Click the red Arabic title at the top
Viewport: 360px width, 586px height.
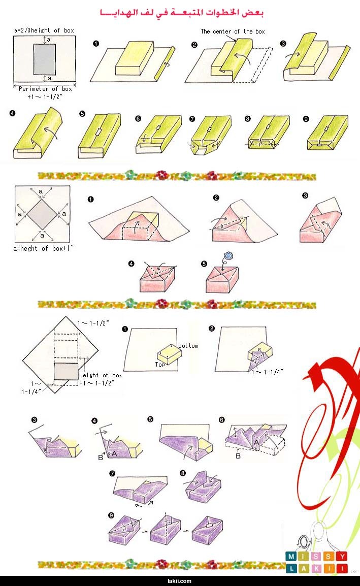(182, 12)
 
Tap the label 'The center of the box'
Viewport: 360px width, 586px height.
(233, 31)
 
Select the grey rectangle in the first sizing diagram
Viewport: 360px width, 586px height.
(45, 59)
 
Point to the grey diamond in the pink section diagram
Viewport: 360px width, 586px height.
(42, 214)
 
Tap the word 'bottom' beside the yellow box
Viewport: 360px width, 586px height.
(188, 346)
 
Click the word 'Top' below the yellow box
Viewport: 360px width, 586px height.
(159, 365)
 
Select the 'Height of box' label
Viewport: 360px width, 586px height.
(101, 375)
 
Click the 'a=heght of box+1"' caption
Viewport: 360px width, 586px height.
(44, 248)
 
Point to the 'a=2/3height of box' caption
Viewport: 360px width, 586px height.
(44, 30)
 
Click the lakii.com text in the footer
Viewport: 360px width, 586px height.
(180, 581)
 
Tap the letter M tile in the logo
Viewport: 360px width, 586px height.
(291, 557)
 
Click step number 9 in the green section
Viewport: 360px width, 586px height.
(306, 119)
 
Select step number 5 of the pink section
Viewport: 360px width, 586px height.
(204, 264)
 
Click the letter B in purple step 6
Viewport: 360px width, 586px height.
(238, 456)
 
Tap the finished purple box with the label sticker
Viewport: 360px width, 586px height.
(207, 529)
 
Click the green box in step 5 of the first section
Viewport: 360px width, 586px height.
(99, 136)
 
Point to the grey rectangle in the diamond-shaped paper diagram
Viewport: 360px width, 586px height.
(66, 372)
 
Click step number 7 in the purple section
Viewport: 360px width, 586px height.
(112, 473)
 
